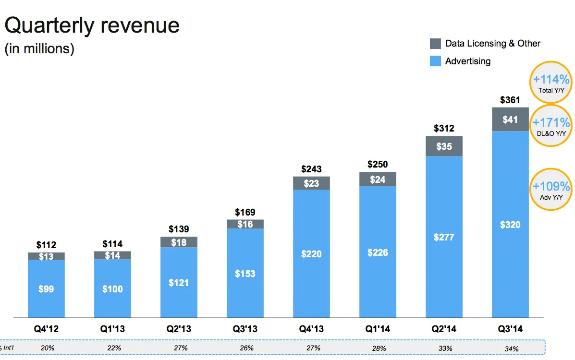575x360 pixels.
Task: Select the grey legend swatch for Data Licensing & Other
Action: [435, 44]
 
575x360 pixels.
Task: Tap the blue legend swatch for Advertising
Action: [435, 61]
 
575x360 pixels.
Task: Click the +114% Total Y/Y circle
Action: [551, 83]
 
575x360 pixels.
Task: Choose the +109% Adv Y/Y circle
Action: [551, 190]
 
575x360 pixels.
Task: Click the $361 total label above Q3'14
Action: [510, 100]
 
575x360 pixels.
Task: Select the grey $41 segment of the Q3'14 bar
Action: [510, 119]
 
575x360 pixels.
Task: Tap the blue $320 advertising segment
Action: [510, 224]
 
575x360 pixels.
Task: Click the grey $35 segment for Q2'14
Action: [444, 146]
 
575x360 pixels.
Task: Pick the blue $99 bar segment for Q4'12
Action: [46, 289]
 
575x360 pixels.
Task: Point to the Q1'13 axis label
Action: [112, 330]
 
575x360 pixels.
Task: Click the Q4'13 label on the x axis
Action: [311, 330]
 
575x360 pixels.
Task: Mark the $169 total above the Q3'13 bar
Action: [245, 212]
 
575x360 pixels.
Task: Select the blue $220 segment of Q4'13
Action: [311, 254]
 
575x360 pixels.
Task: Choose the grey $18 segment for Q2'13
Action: [179, 242]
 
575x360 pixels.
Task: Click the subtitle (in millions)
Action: [39, 49]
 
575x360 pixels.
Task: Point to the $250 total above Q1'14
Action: [378, 165]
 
